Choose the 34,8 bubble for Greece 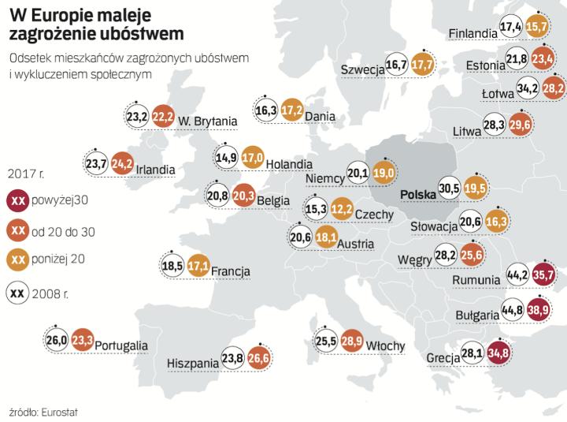pos(499,354)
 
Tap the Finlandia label pos(472,33)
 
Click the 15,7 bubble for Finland pos(537,27)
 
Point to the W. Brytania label pos(208,121)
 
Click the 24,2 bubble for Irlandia pos(123,165)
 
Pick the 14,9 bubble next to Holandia pos(226,157)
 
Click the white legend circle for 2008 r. pos(17,293)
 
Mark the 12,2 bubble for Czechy pos(342,209)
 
